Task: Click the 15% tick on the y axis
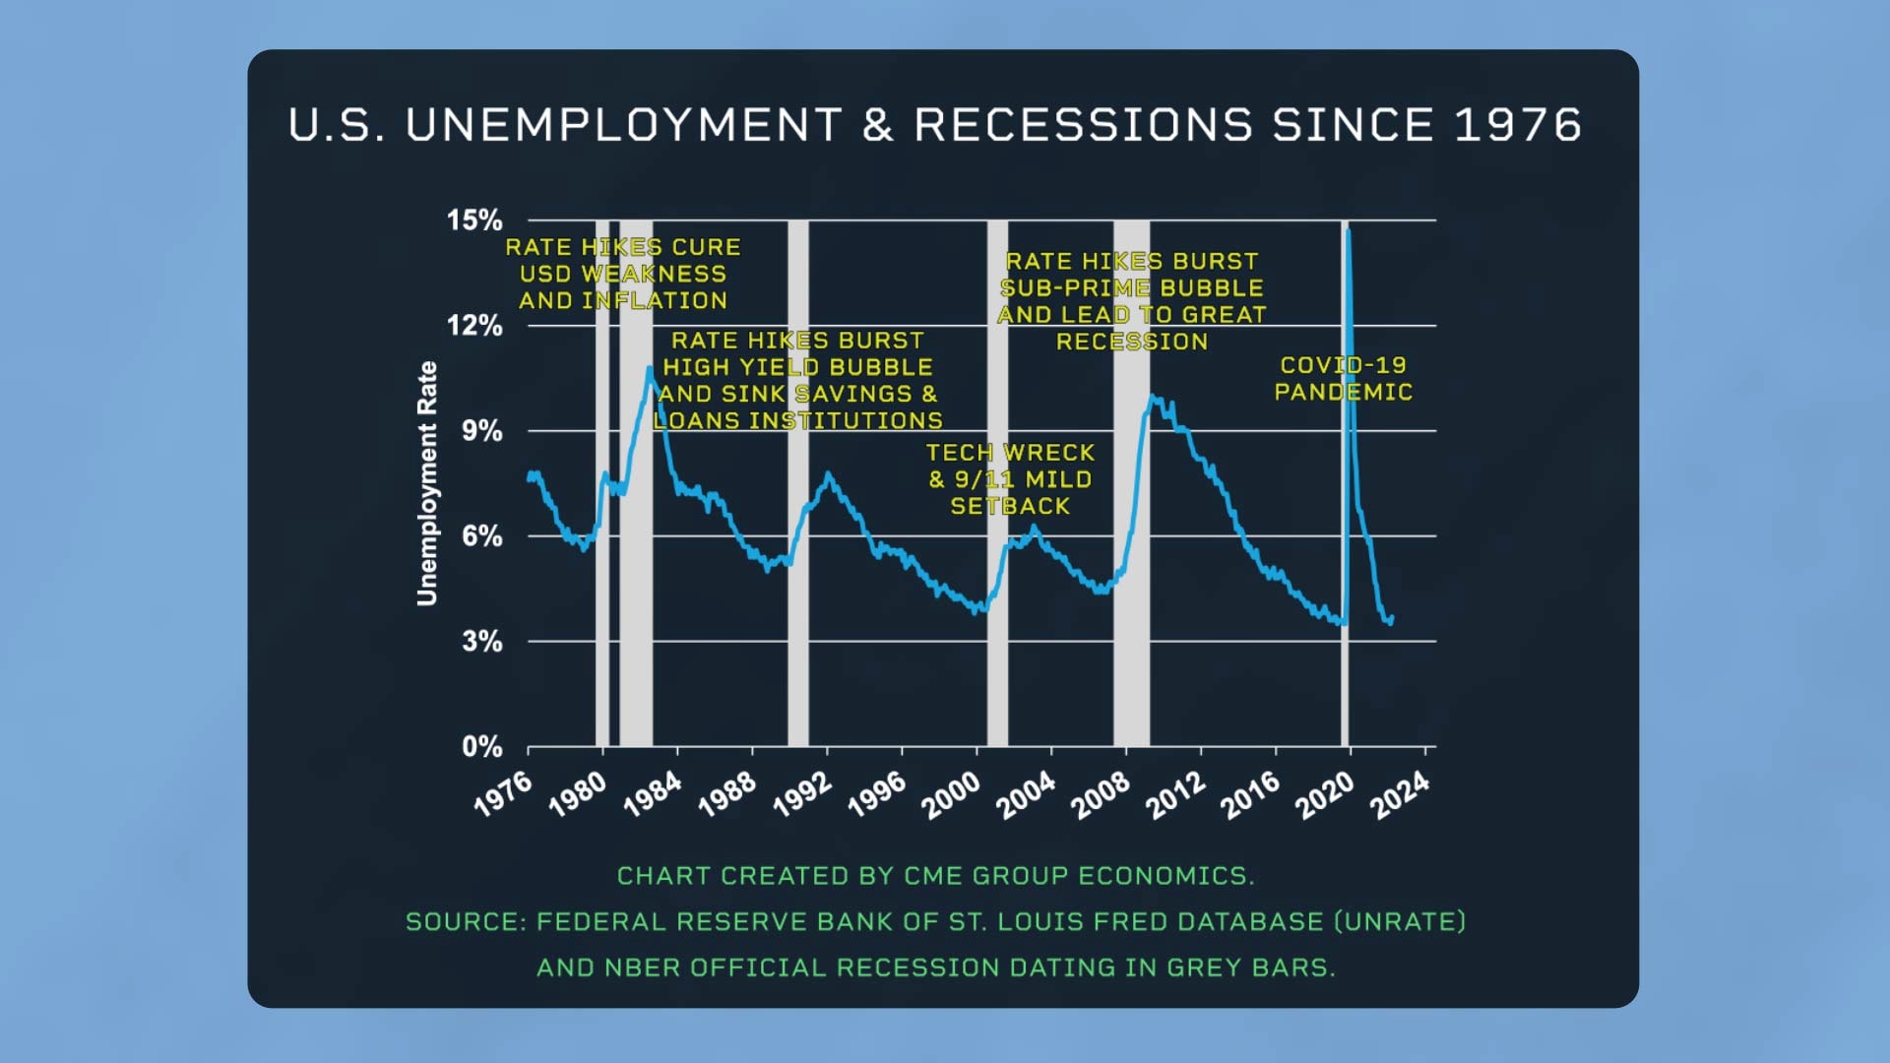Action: click(474, 220)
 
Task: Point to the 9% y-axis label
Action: click(481, 431)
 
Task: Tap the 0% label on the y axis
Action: click(481, 747)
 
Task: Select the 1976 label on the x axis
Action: click(503, 794)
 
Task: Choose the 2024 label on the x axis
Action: click(1400, 794)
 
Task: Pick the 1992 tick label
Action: click(802, 794)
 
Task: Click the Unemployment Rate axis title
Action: click(426, 483)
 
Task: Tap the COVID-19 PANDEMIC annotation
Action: click(1343, 379)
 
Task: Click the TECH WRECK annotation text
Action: click(1010, 453)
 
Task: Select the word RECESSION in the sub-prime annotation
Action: click(1132, 342)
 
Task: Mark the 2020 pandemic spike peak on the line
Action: click(1348, 230)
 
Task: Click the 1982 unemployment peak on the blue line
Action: click(650, 369)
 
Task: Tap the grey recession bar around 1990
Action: click(797, 591)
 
